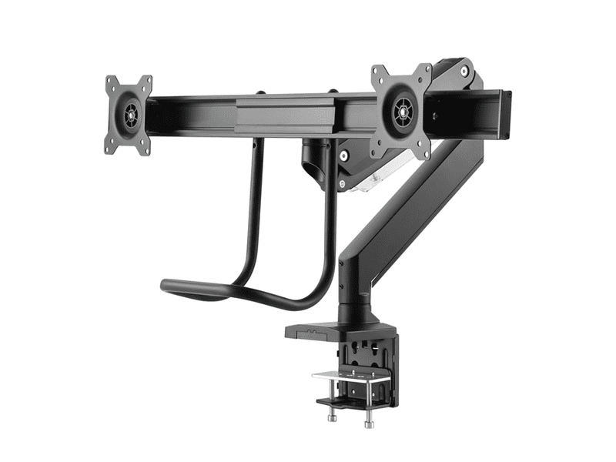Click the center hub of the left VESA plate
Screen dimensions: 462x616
[x=129, y=115]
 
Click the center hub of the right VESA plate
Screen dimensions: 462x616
[x=401, y=112]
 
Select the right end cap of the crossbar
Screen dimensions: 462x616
[x=506, y=114]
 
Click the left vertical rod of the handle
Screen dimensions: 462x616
[x=256, y=200]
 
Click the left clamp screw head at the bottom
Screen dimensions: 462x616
[x=333, y=417]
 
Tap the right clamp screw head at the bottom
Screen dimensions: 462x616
[x=370, y=422]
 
